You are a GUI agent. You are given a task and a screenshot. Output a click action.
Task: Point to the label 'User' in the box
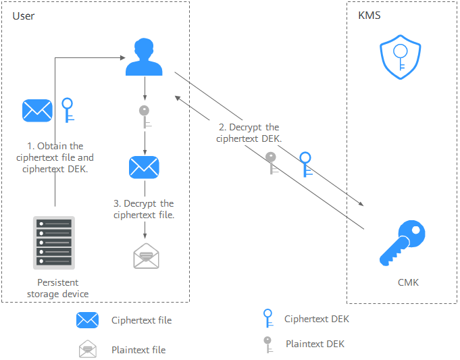(x=24, y=16)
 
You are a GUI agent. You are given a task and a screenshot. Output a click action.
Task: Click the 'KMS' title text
(x=369, y=16)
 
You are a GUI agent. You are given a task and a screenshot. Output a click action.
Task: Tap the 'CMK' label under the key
(x=408, y=282)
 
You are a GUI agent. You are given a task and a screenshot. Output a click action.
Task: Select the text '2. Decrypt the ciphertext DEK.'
(x=249, y=132)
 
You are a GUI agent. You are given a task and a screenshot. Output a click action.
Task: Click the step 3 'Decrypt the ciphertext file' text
(x=144, y=209)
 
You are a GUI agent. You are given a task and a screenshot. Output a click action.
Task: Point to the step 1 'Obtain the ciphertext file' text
(x=55, y=157)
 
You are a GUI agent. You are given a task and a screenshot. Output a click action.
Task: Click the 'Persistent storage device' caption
(x=57, y=288)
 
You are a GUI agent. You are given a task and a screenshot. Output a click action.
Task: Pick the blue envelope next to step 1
(x=37, y=109)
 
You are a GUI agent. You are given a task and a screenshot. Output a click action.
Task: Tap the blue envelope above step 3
(x=144, y=166)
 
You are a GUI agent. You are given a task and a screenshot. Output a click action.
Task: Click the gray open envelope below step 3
(x=145, y=256)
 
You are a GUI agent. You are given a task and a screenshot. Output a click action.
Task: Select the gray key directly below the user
(x=144, y=116)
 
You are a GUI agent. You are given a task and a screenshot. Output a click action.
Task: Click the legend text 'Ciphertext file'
(x=141, y=320)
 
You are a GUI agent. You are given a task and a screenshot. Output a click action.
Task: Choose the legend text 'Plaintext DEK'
(x=315, y=344)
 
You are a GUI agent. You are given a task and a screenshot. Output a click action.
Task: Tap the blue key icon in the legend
(x=267, y=318)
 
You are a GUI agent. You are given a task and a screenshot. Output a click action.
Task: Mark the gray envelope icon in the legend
(x=88, y=349)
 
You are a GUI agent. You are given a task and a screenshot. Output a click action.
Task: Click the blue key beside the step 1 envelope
(x=68, y=109)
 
